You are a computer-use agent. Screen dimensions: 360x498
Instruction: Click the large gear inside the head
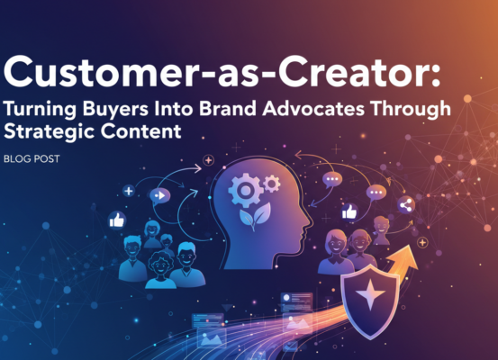[244, 192]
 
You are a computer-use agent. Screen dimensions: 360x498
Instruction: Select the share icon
[404, 205]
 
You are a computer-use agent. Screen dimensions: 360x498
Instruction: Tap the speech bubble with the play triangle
[158, 194]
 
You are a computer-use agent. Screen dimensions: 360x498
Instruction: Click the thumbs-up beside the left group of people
[115, 220]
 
